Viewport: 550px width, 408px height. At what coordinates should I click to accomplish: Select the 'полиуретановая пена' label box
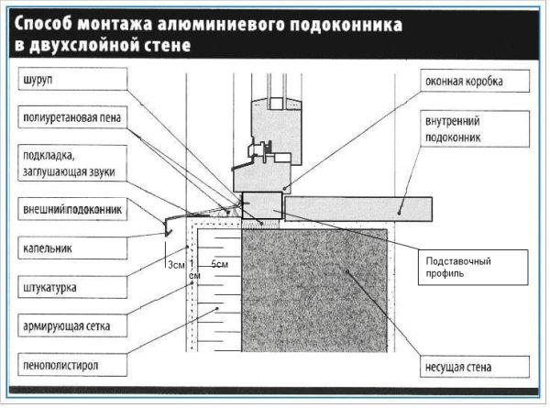pos(71,118)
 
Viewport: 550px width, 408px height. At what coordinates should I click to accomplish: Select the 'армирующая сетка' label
pos(65,326)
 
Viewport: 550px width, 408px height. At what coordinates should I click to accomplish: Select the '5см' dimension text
pos(220,265)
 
